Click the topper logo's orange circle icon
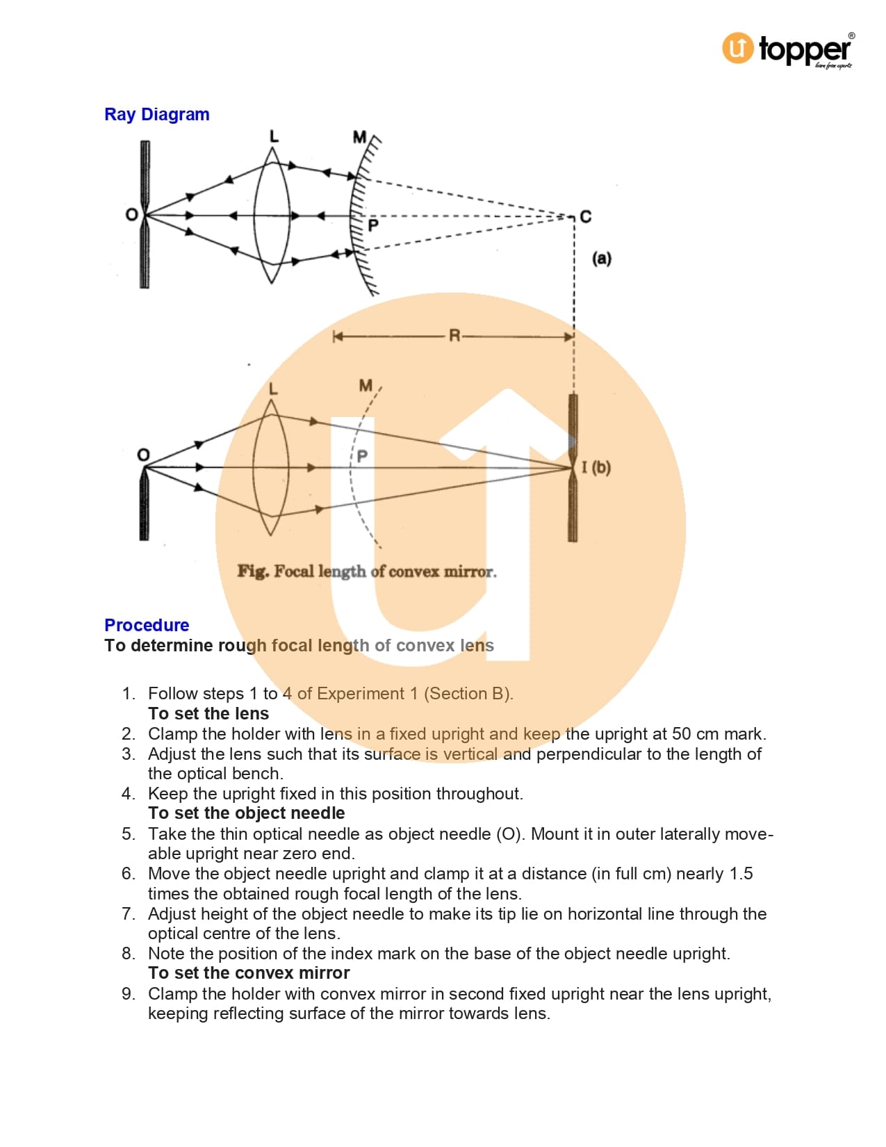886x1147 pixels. coord(737,49)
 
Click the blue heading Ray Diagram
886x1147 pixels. coord(156,115)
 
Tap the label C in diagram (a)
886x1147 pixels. coord(586,217)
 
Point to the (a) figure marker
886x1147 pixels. coord(602,259)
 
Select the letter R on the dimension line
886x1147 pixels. coord(454,336)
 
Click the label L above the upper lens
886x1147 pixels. coord(274,136)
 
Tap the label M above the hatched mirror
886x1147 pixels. coord(359,137)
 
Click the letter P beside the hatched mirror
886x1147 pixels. coord(373,226)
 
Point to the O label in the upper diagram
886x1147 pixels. coord(131,215)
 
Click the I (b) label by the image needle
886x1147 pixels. coord(596,467)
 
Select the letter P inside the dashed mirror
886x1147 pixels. coord(362,457)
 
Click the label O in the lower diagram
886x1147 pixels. coord(143,455)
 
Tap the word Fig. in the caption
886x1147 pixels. coord(252,571)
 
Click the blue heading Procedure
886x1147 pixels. coord(147,625)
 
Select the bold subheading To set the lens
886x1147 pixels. coord(208,714)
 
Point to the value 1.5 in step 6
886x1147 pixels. coord(741,874)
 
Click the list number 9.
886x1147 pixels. coord(128,994)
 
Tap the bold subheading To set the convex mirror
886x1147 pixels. coord(249,973)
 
